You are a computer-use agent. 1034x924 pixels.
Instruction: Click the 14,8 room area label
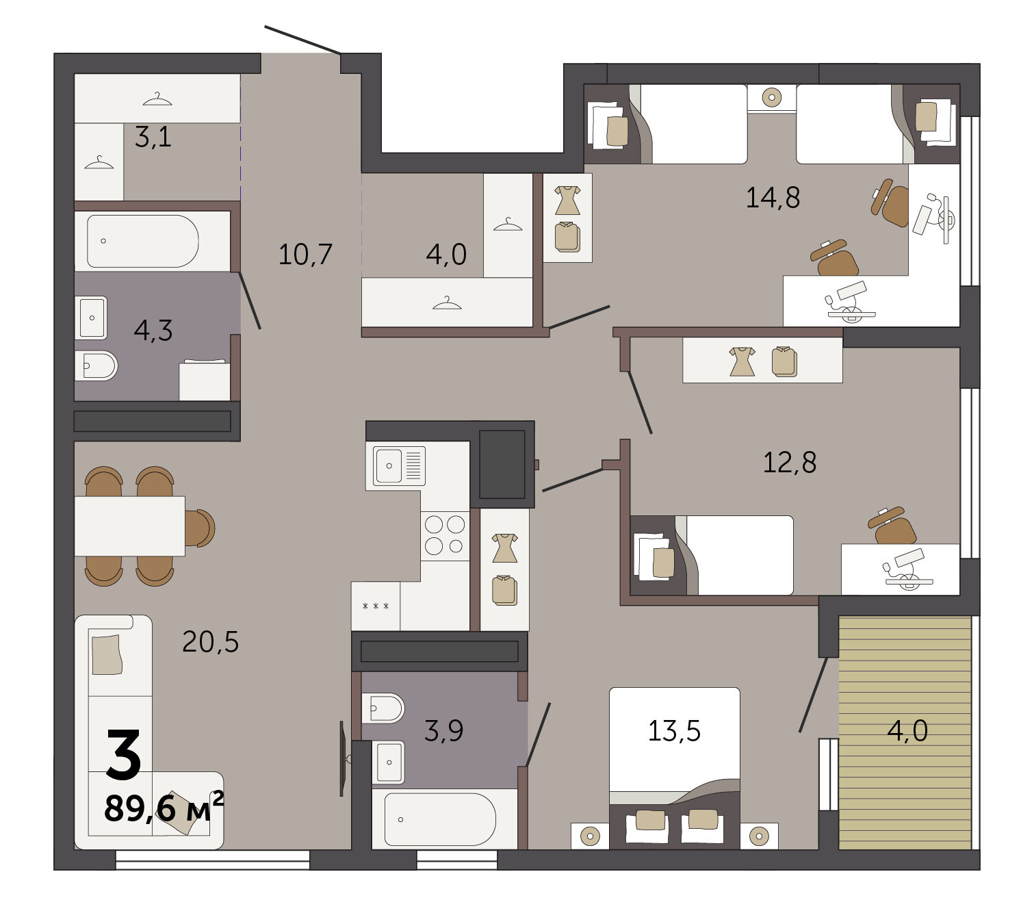coord(773,198)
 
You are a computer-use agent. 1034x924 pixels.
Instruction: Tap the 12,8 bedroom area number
coord(789,463)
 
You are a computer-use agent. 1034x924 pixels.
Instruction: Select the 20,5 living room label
coord(210,642)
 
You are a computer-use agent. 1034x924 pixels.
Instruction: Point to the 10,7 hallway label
coord(305,254)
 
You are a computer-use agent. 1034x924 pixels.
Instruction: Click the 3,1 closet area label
coord(153,137)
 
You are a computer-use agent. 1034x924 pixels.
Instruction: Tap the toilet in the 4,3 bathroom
coord(96,365)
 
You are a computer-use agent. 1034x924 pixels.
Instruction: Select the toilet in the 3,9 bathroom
coord(383,708)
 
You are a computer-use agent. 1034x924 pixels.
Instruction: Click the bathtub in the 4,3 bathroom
coord(143,241)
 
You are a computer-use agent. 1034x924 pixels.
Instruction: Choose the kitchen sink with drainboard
coord(399,465)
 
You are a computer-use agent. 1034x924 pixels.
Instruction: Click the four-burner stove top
coord(445,535)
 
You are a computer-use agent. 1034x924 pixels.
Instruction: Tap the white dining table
coord(129,526)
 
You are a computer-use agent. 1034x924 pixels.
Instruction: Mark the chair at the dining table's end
coord(200,528)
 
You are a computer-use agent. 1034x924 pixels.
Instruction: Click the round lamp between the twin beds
coord(772,97)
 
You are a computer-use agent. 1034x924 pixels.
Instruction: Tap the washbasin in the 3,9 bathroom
coord(388,762)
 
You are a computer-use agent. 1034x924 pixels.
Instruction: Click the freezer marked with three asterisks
coord(376,606)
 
